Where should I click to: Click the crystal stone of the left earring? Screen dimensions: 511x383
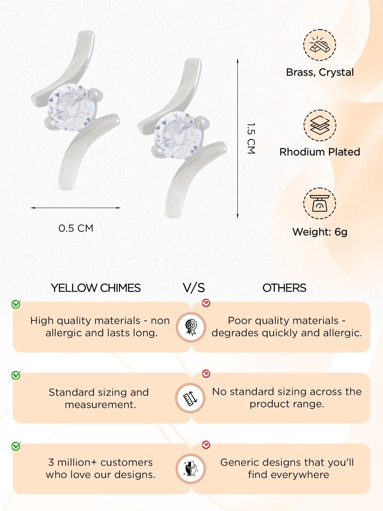point(72,108)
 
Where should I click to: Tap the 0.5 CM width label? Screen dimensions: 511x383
point(76,228)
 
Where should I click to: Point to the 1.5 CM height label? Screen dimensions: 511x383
point(251,138)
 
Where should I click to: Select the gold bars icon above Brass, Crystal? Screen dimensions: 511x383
point(320,45)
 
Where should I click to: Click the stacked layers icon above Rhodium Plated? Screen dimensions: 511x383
point(320,125)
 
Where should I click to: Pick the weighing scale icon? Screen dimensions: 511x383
point(320,203)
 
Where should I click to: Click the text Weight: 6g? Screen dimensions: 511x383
point(320,232)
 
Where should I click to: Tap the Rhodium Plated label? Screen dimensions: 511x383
point(320,152)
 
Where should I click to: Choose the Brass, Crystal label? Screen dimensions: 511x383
point(320,72)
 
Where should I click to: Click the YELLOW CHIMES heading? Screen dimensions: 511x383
point(96,288)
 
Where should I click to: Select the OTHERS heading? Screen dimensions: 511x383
point(284,288)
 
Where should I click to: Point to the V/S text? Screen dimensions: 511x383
point(194,288)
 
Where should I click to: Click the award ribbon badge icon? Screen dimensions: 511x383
point(191,327)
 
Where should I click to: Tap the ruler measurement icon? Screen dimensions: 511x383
point(190,398)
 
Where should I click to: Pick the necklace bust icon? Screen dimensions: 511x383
point(191,469)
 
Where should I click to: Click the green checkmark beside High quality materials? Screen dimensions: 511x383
point(16,304)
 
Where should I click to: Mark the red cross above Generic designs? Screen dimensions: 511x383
point(206,445)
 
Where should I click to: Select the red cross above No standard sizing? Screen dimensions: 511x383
point(206,374)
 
